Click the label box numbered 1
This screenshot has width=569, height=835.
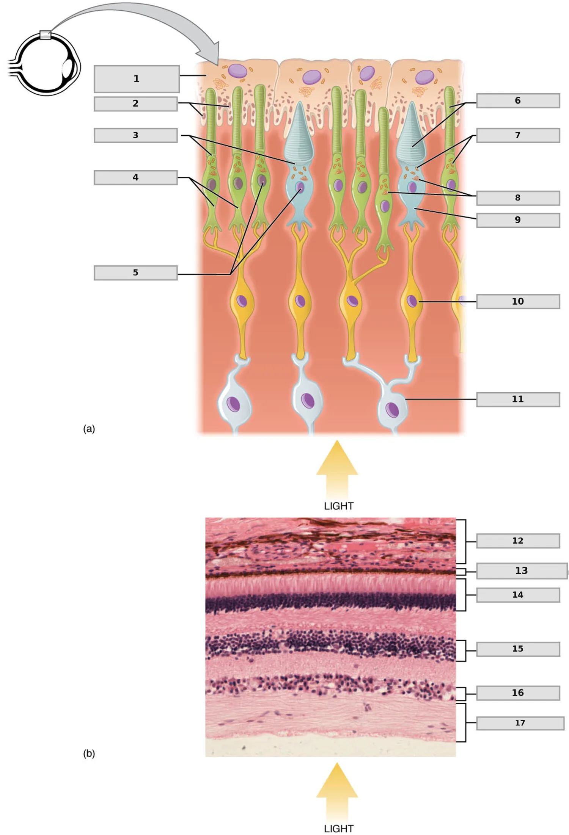click(137, 79)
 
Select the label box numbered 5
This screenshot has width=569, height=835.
click(135, 273)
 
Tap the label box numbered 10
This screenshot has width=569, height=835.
click(518, 302)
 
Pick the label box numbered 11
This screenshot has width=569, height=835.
click(518, 399)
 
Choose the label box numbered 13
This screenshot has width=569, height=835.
click(522, 571)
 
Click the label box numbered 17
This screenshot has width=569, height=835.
click(520, 723)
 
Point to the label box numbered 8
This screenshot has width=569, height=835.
click(518, 198)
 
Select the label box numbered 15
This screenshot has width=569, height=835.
click(518, 649)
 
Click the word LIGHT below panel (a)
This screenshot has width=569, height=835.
click(339, 506)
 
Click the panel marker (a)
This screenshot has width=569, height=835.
click(89, 429)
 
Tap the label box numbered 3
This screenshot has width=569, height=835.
click(135, 136)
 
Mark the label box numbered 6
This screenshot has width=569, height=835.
click(518, 101)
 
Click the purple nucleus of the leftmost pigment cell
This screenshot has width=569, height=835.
click(237, 71)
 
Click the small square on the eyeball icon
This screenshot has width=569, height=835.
click(45, 35)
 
